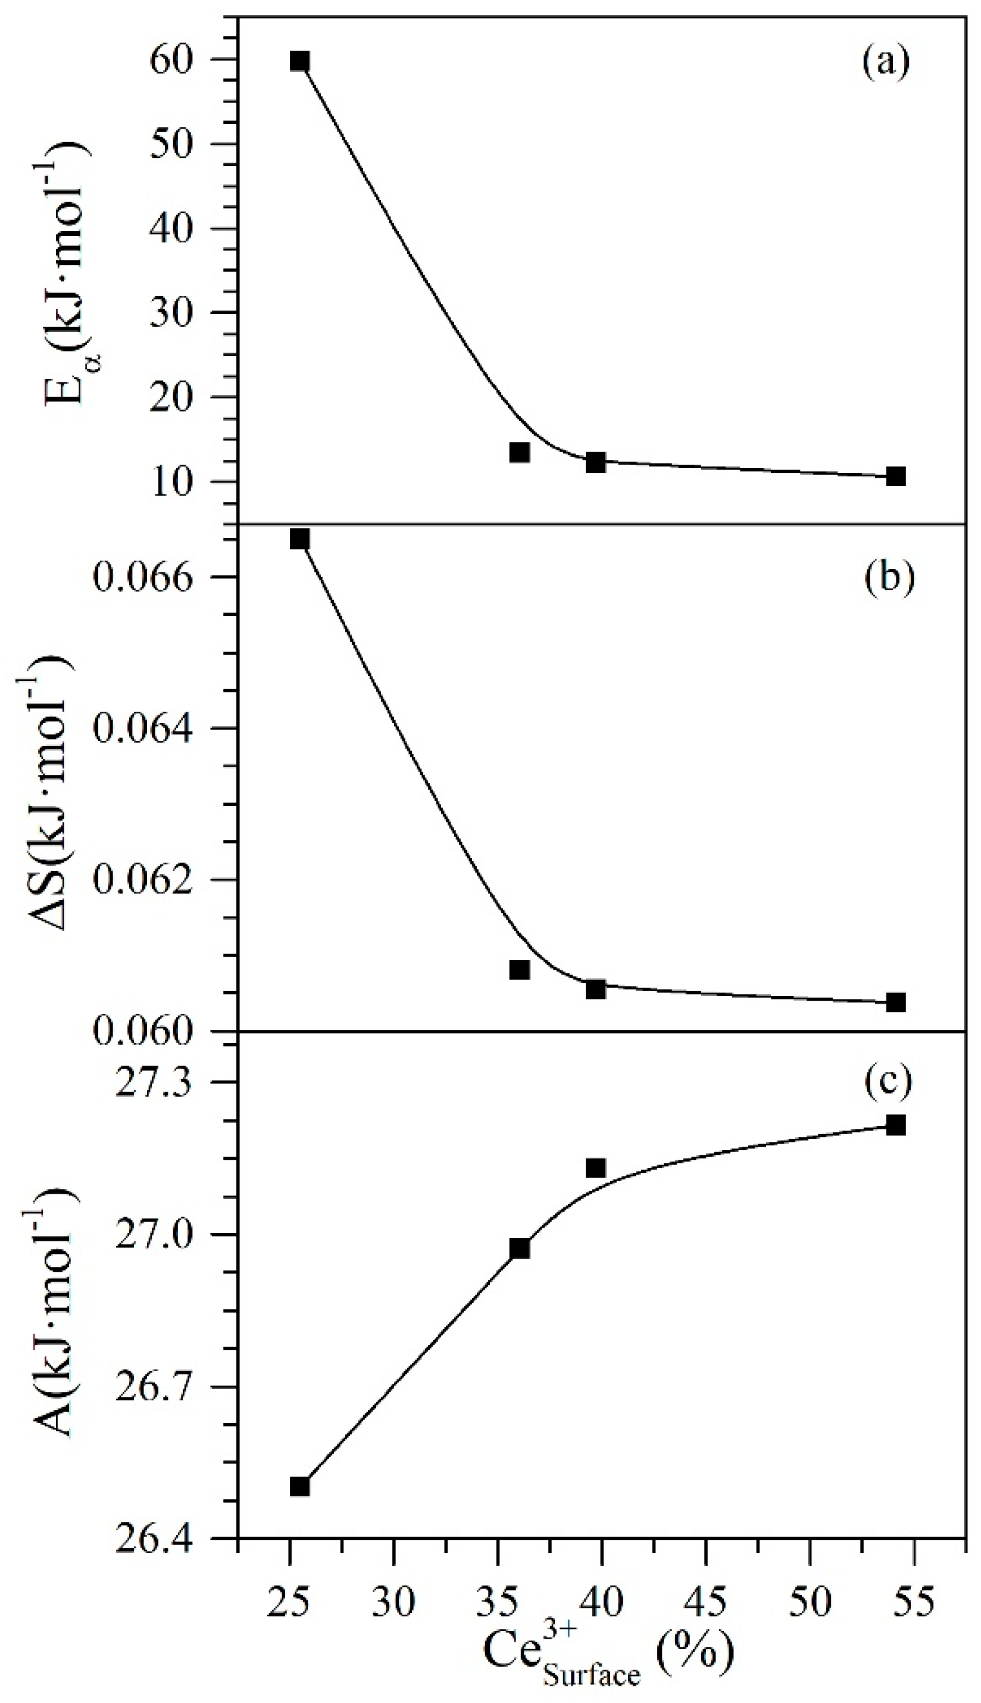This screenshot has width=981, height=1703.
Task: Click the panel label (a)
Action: click(x=886, y=62)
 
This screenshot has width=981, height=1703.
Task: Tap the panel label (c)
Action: click(x=889, y=1080)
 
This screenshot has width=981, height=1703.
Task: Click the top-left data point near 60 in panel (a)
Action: click(x=300, y=61)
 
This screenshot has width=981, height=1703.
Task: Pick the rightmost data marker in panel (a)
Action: click(x=895, y=476)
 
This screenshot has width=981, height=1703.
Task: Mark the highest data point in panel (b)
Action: click(x=300, y=538)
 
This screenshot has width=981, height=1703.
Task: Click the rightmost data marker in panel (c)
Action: click(x=895, y=1125)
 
